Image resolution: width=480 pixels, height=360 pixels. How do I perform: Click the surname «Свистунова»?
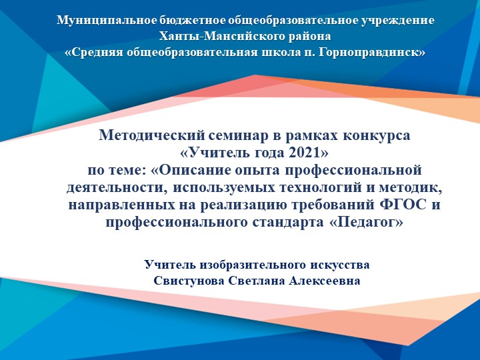coord(189,281)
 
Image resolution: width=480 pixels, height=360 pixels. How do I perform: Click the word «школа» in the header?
coord(263,51)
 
